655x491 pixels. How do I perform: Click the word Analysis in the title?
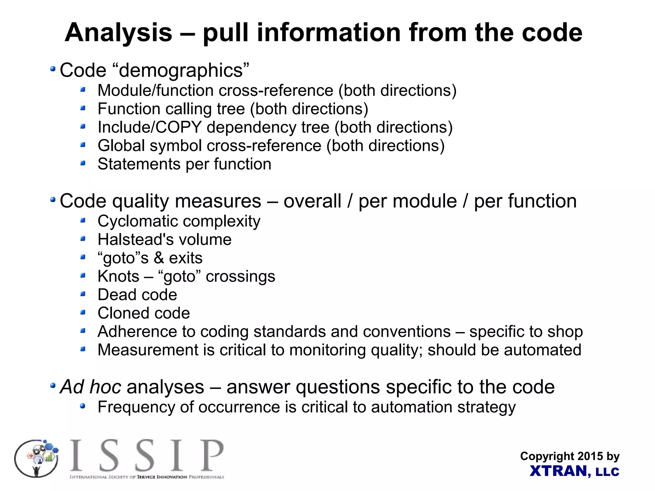click(x=118, y=33)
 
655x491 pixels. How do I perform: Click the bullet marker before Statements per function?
click(x=83, y=163)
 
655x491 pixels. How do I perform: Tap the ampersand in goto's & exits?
click(x=159, y=258)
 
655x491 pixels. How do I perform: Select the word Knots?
click(x=118, y=276)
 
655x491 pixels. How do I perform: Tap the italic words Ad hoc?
click(x=91, y=387)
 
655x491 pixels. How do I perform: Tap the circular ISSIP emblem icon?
click(x=36, y=458)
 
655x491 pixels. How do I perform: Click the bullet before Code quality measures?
click(x=53, y=200)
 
